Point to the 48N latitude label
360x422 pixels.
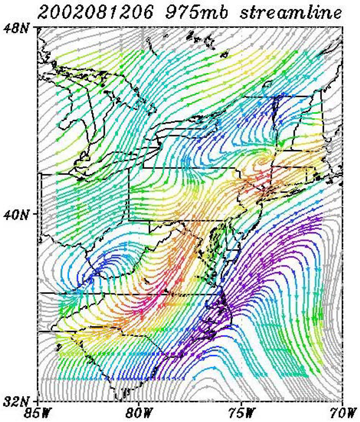pos(19,29)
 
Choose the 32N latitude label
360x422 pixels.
pos(19,400)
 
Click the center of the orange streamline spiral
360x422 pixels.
pos(265,160)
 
